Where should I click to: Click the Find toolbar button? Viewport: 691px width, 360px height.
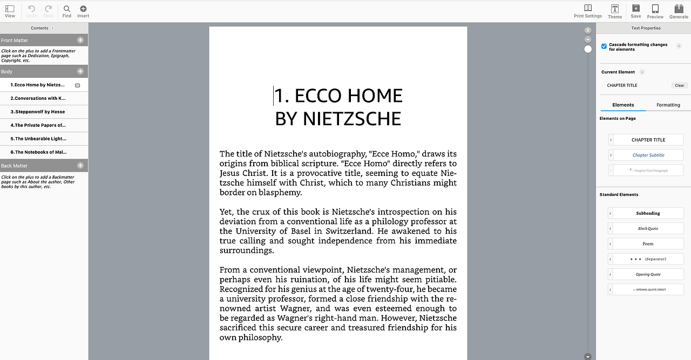tap(66, 11)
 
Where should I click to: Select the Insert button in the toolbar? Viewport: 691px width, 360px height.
tap(83, 11)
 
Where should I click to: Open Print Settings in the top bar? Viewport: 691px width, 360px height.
tap(587, 11)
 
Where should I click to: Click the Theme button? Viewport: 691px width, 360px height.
tap(615, 11)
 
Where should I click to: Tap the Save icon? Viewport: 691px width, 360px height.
tap(636, 11)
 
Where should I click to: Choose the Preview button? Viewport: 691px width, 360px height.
tap(655, 11)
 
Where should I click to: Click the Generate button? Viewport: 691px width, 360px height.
tap(679, 11)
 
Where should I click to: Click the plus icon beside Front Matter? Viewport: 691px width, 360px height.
tap(80, 40)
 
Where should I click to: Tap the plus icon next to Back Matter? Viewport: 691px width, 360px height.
tap(80, 166)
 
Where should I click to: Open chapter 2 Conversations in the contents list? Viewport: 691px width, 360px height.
tap(38, 98)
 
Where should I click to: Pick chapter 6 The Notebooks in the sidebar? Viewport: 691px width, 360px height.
tap(38, 152)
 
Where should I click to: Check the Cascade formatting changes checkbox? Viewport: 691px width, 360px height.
tap(604, 46)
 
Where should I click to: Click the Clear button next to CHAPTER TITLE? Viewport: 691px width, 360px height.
tap(679, 85)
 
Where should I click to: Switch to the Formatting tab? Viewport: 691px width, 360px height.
tap(668, 105)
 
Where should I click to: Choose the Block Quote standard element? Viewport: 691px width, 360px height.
tap(648, 228)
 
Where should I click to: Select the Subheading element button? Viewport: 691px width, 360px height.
tap(648, 213)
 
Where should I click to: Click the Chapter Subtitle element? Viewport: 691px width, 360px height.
tap(648, 155)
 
